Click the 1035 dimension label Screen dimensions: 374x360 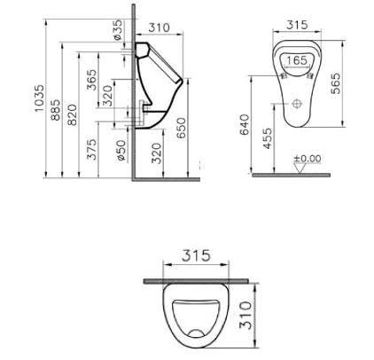[39, 98]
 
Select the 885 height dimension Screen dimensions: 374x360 [56, 110]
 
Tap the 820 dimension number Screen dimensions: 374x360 [72, 114]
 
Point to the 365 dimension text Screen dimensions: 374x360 [91, 79]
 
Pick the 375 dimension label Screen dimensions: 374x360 [92, 149]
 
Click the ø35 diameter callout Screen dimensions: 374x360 [117, 29]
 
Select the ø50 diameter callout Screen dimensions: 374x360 [121, 150]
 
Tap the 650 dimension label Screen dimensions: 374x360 [181, 128]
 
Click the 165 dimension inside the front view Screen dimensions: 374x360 [297, 60]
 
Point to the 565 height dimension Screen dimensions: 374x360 [336, 83]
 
